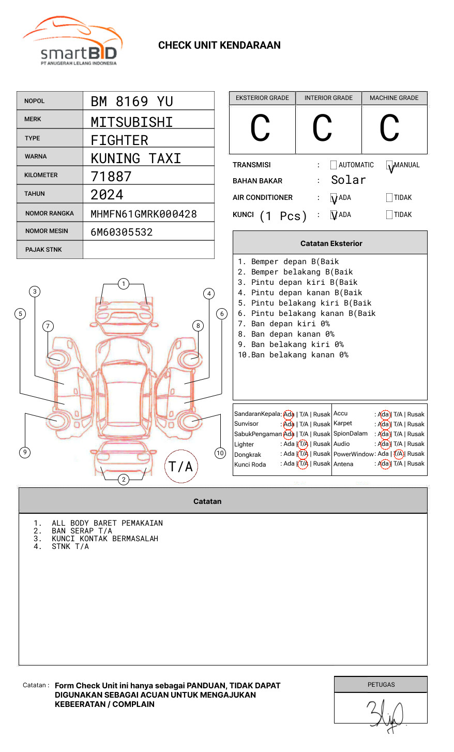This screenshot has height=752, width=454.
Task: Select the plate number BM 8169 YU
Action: point(132,102)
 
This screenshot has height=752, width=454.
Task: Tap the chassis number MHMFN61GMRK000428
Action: point(144,214)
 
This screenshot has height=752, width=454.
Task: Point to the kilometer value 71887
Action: point(111,177)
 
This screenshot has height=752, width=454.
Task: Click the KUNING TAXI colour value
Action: point(136,158)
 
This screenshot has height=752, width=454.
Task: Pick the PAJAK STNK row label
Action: point(43,250)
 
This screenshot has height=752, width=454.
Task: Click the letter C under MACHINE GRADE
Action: point(389,128)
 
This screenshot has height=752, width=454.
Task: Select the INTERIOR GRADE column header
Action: point(328,98)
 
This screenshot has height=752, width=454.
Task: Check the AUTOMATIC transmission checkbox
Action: point(334,165)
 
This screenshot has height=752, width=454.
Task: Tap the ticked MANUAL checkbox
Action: point(390,166)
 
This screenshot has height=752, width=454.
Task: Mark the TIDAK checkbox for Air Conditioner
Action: point(389,198)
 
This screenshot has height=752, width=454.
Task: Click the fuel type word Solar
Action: point(349,180)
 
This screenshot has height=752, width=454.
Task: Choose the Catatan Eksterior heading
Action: point(331,243)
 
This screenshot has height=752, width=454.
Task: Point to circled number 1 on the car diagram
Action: point(123,284)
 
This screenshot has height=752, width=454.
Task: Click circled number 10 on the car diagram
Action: point(220,453)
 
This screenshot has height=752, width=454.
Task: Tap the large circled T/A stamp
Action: point(181,467)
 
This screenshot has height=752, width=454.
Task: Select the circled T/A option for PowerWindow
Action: point(398,454)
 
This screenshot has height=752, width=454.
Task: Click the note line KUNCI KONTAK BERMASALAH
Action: point(104,539)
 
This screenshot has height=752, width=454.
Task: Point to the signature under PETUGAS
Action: point(386,715)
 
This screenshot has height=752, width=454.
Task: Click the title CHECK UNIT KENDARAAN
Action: point(219,46)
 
